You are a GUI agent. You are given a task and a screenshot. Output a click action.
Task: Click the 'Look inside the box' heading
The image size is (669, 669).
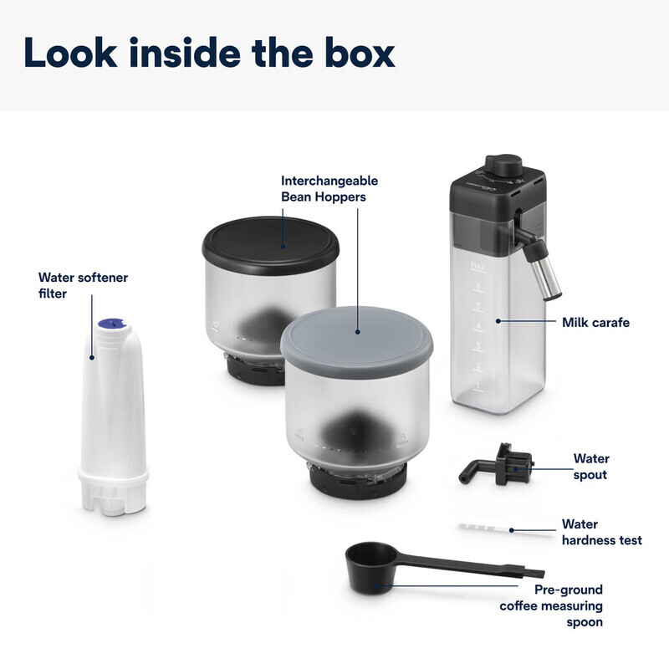[x=209, y=53]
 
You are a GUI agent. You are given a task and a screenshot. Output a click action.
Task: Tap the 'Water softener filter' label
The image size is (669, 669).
[x=83, y=285]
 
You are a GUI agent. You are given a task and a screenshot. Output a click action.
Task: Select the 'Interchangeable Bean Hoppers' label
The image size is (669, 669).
[x=329, y=189]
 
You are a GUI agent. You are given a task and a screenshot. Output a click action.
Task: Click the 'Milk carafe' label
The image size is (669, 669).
[x=595, y=322]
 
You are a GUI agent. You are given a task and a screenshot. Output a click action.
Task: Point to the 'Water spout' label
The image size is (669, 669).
[x=591, y=467]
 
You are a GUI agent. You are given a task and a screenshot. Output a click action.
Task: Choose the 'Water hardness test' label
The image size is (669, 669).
[x=601, y=532]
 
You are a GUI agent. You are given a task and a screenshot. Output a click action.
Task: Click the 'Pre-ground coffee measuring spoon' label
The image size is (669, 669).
[x=551, y=605]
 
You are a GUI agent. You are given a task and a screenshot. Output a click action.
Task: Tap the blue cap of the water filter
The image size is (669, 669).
[x=112, y=324]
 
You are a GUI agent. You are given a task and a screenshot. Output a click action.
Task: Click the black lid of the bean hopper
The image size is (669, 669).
[x=270, y=245]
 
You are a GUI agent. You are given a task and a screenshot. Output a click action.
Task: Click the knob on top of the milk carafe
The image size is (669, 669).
[x=504, y=164]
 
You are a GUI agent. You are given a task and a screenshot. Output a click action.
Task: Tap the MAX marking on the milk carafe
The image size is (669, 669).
[x=477, y=266]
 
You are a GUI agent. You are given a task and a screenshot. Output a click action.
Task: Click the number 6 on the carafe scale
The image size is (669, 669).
[x=478, y=285]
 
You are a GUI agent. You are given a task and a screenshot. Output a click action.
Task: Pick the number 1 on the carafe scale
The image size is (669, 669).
[x=477, y=386]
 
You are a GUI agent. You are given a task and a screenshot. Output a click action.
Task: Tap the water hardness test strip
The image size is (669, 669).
[x=506, y=529]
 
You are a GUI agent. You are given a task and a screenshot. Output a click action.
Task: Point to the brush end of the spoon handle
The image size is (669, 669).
[x=534, y=573]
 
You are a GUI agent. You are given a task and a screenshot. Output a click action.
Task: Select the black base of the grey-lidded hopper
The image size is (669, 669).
[x=358, y=482]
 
